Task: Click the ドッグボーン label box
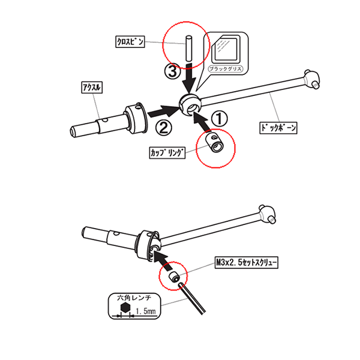pyautogui.click(x=279, y=128)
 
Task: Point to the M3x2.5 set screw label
pyautogui.click(x=247, y=263)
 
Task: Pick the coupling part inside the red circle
pyautogui.click(x=213, y=143)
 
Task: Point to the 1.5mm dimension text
pyautogui.click(x=146, y=312)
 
